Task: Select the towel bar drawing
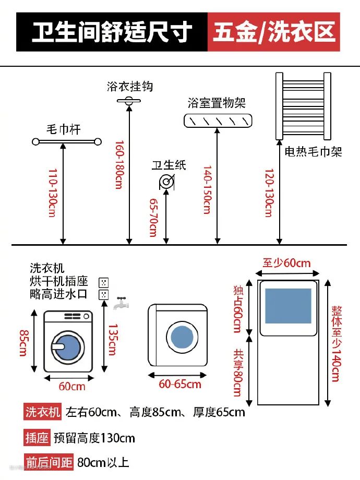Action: pos(66,141)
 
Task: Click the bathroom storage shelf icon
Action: pos(218,121)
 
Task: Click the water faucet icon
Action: pos(121,302)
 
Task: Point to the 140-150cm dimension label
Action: pos(207,190)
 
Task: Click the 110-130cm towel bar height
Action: pos(52,193)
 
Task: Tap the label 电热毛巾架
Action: pos(313,152)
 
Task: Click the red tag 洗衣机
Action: pos(43,412)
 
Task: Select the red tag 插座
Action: pos(37,437)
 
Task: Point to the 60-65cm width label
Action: pos(180,385)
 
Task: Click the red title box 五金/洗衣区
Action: pos(274,32)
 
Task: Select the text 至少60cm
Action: pos(286,262)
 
